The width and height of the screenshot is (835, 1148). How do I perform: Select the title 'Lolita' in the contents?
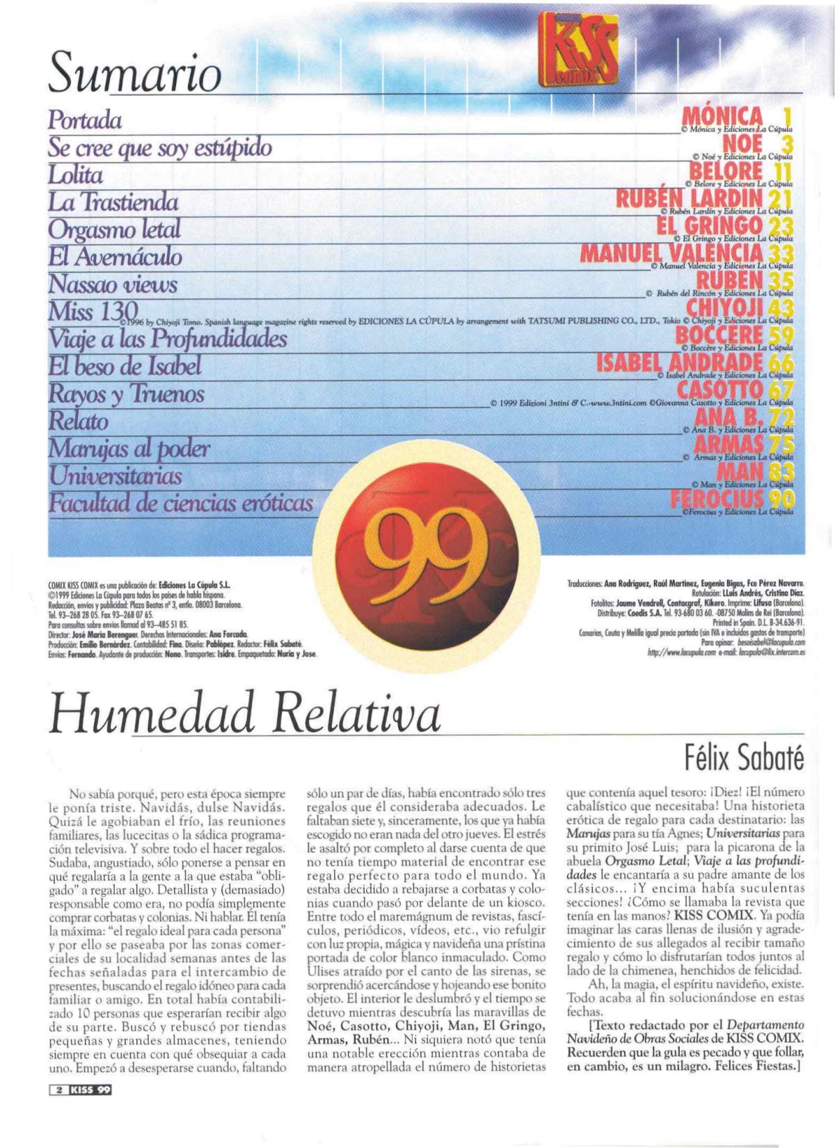[x=75, y=175]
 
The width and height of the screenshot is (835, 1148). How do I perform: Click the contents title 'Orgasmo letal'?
[x=114, y=229]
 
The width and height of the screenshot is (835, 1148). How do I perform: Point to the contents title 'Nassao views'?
[x=113, y=284]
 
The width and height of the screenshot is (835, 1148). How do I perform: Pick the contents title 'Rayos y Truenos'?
[x=126, y=394]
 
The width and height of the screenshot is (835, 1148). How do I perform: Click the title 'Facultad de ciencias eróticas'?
[x=180, y=503]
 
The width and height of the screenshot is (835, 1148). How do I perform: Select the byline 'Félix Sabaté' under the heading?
[x=743, y=758]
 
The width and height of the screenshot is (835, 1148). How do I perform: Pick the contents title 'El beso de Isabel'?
[x=125, y=366]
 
